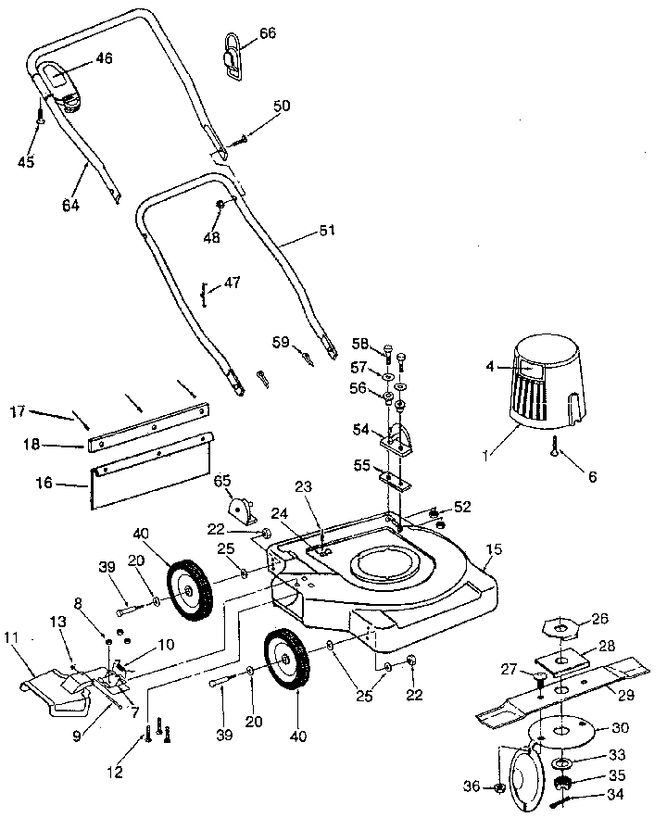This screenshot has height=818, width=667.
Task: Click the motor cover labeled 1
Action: click(x=547, y=389)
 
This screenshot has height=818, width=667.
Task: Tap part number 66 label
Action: click(x=267, y=33)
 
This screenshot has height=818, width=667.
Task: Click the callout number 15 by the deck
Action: click(x=494, y=550)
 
